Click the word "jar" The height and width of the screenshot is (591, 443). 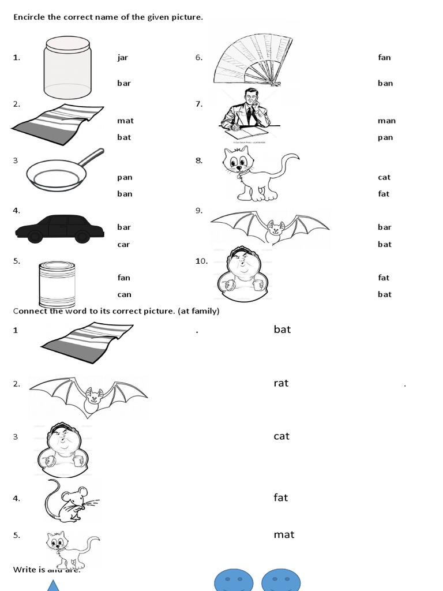point(122,57)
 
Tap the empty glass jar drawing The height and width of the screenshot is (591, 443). point(67,68)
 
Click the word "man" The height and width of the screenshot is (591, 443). point(386,121)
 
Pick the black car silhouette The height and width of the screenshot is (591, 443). point(59,229)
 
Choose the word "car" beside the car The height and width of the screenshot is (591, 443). point(123,244)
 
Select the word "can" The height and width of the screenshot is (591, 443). point(124,294)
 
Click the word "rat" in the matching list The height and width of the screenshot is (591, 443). point(281,383)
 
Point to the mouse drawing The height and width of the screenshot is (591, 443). point(68,499)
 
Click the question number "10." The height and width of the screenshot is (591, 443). point(201,261)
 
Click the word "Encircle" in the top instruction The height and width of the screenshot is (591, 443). point(29,17)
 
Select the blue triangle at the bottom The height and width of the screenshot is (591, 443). point(54,585)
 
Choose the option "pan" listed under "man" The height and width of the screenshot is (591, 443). point(385,137)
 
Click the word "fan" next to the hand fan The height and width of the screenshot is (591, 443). point(384,57)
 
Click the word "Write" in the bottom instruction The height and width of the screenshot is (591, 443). point(24,570)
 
